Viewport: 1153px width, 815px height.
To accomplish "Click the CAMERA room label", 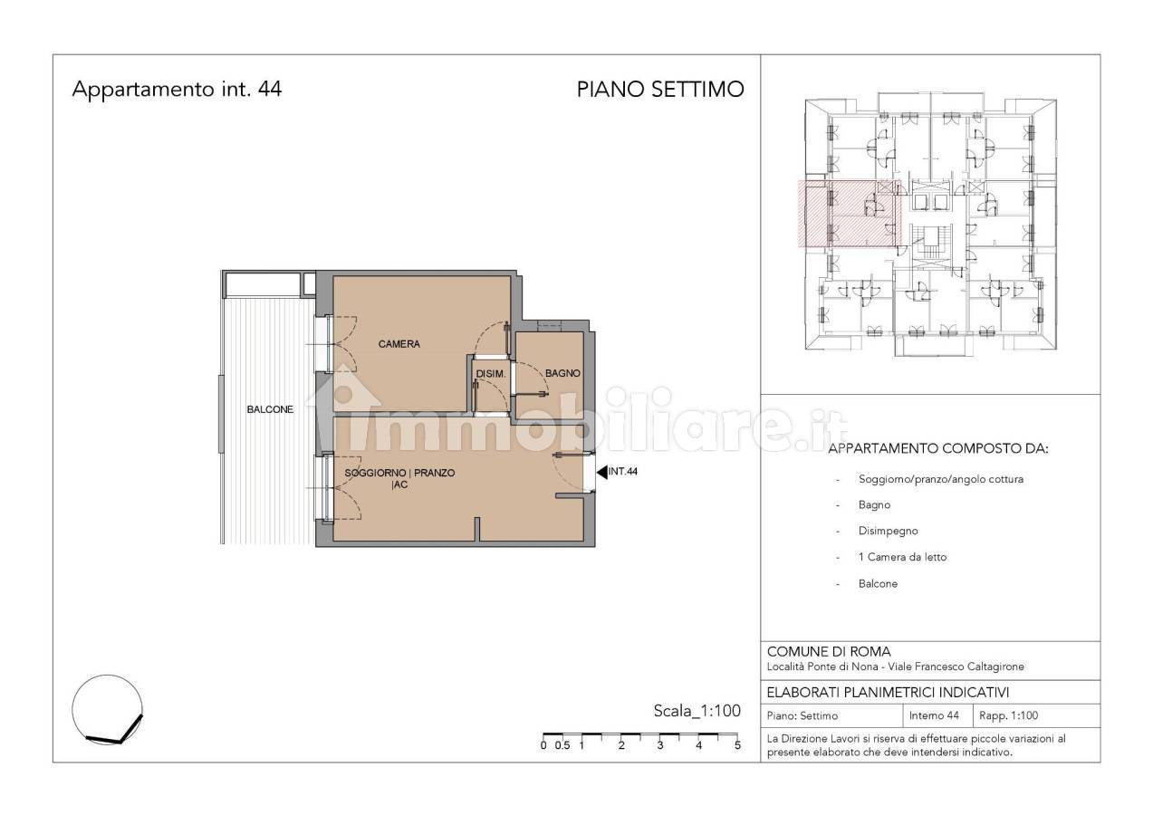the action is pyautogui.click(x=399, y=344).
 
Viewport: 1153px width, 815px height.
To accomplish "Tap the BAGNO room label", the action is pyautogui.click(x=562, y=373).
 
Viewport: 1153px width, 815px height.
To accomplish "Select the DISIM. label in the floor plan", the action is pyautogui.click(x=491, y=374).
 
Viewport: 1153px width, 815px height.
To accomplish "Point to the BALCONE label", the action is pyautogui.click(x=270, y=409).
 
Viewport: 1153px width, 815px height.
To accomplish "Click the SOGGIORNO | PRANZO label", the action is pyautogui.click(x=399, y=473).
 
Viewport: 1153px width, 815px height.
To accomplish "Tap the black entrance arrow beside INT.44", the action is pyautogui.click(x=601, y=471).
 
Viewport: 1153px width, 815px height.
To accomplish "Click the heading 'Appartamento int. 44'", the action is pyautogui.click(x=177, y=89).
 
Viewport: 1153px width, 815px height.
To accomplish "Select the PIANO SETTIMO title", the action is pyautogui.click(x=660, y=90).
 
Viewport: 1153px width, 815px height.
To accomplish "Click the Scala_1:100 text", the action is pyautogui.click(x=697, y=711).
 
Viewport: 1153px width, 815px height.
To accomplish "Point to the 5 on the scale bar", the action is pyautogui.click(x=737, y=745).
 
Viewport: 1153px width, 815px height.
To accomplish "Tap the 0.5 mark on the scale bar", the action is pyautogui.click(x=562, y=745).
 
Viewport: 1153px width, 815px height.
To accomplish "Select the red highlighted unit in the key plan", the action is pyautogui.click(x=850, y=214).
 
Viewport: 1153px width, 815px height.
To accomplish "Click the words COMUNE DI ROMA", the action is pyautogui.click(x=829, y=652).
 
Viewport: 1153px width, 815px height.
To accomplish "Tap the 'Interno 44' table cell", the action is pyautogui.click(x=934, y=715).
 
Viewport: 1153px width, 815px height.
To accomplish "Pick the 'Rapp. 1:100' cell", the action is pyautogui.click(x=1008, y=715).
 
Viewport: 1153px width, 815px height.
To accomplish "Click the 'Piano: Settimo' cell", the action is pyautogui.click(x=802, y=715).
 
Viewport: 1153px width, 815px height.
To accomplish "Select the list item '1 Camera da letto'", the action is pyautogui.click(x=902, y=557).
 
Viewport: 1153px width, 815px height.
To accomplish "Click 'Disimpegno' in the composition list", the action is pyautogui.click(x=888, y=531).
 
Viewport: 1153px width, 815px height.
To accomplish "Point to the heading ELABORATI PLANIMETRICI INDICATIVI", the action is pyautogui.click(x=888, y=693).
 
